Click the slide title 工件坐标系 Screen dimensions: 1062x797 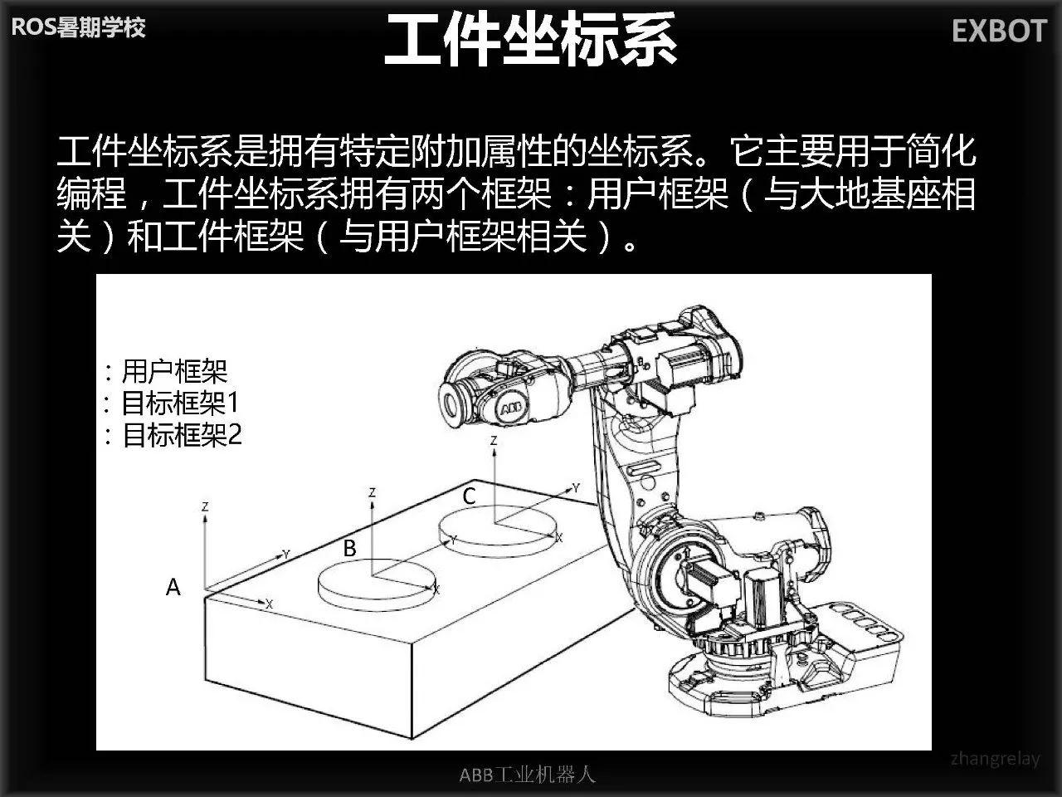(530, 39)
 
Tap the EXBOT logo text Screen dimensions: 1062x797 (1000, 31)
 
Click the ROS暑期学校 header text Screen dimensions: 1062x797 (78, 27)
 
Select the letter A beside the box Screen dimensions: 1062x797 (173, 587)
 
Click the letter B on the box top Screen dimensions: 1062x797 (349, 548)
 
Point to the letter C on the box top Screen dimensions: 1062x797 (470, 496)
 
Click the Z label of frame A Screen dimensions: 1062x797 (205, 506)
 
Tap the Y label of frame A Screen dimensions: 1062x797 (286, 554)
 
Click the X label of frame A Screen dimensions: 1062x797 (270, 604)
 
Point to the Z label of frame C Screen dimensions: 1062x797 (494, 441)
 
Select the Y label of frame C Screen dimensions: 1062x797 (576, 488)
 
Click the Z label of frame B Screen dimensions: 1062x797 (372, 492)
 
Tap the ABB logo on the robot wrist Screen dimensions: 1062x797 (510, 409)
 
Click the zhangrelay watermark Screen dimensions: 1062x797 (995, 759)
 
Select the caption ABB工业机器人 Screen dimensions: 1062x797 (528, 775)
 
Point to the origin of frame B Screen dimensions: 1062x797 (373, 577)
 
